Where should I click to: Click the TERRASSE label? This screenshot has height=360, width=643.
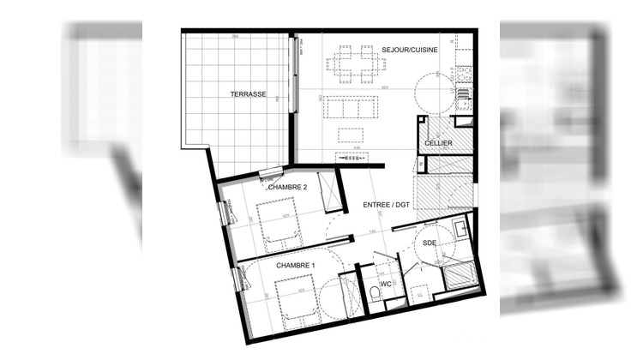click(246, 93)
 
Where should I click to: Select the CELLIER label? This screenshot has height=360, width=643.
click(438, 142)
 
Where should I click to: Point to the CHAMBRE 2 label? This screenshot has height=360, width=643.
click(287, 187)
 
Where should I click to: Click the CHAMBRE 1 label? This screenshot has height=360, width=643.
click(296, 266)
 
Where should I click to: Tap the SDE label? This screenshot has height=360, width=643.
click(430, 243)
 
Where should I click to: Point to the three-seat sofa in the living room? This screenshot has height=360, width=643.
click(352, 107)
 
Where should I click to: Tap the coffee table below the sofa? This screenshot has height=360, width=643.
click(352, 134)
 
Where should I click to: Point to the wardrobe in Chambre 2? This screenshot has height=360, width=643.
click(328, 191)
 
